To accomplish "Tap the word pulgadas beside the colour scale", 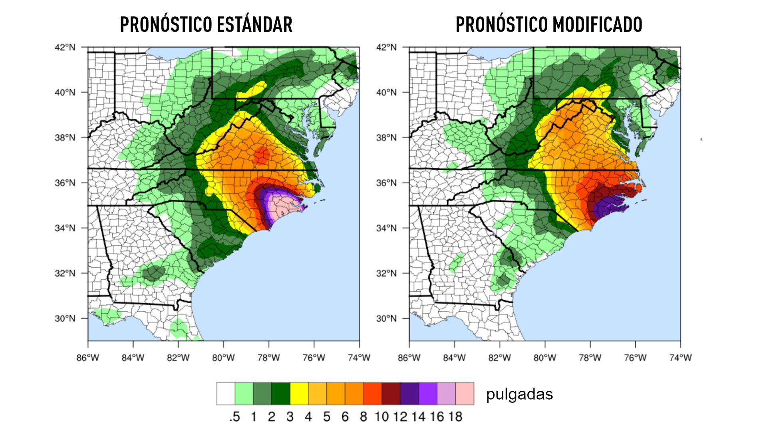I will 519,394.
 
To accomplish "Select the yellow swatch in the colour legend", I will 299,394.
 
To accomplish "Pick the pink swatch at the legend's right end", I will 465,394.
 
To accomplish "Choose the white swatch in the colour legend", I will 225,394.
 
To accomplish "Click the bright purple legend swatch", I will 428,394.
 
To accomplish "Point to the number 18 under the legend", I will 455,416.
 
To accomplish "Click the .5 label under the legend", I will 234,416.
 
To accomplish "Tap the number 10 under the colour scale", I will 382,416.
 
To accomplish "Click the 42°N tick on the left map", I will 65,47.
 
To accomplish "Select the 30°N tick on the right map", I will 386,319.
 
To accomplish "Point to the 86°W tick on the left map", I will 88,357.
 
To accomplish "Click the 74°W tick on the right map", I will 680,357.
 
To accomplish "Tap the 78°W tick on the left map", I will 268,357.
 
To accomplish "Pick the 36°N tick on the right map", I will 386,183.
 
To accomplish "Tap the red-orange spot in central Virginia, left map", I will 262,154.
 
